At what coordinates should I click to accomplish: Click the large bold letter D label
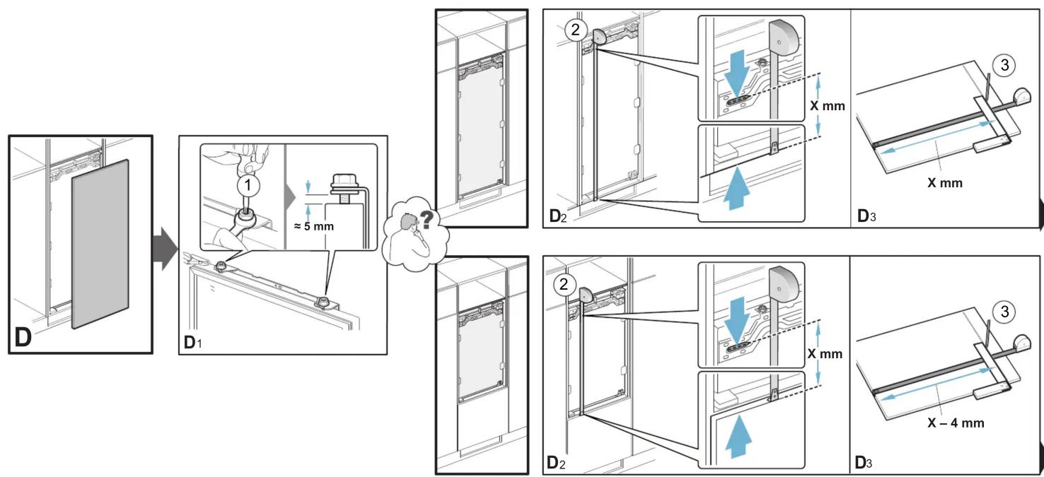click(x=23, y=337)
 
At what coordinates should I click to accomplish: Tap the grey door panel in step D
click(x=100, y=244)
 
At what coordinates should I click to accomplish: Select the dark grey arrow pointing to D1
click(x=165, y=248)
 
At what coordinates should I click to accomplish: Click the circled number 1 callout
click(x=248, y=185)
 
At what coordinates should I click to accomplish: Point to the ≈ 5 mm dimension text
click(x=313, y=226)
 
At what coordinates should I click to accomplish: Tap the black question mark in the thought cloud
click(x=427, y=219)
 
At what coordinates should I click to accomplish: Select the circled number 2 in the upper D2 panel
click(x=575, y=30)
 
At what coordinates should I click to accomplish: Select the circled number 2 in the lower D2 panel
click(x=564, y=283)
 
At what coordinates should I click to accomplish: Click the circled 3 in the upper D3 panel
click(x=1004, y=65)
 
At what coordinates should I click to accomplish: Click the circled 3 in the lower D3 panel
click(x=1004, y=311)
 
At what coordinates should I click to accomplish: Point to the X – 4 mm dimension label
click(x=956, y=423)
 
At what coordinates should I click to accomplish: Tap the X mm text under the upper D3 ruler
click(x=945, y=182)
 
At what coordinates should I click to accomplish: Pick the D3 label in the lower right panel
click(x=863, y=462)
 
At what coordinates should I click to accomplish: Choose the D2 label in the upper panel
click(x=558, y=216)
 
